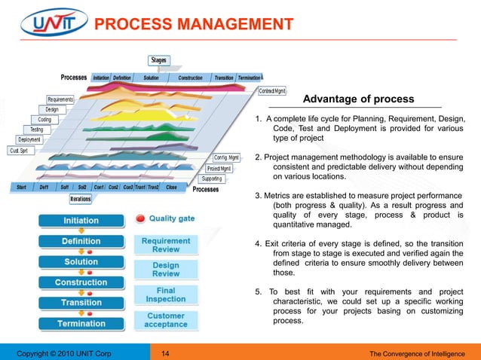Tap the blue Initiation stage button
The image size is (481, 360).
pyautogui.click(x=81, y=221)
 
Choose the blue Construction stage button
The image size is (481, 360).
pyautogui.click(x=81, y=282)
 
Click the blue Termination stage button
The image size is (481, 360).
pyautogui.click(x=81, y=323)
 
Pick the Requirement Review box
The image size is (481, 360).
pyautogui.click(x=166, y=244)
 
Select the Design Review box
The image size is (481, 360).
pyautogui.click(x=166, y=270)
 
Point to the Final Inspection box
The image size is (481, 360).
pyautogui.click(x=166, y=294)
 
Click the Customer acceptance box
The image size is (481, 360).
pyautogui.click(x=166, y=319)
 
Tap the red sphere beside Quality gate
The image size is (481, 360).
pyautogui.click(x=140, y=219)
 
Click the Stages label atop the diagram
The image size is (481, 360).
pyautogui.click(x=158, y=60)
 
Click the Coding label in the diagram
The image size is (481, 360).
pyautogui.click(x=44, y=119)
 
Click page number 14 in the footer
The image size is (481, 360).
pyautogui.click(x=166, y=351)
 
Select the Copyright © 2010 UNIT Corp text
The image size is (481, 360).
pyautogui.click(x=59, y=351)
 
